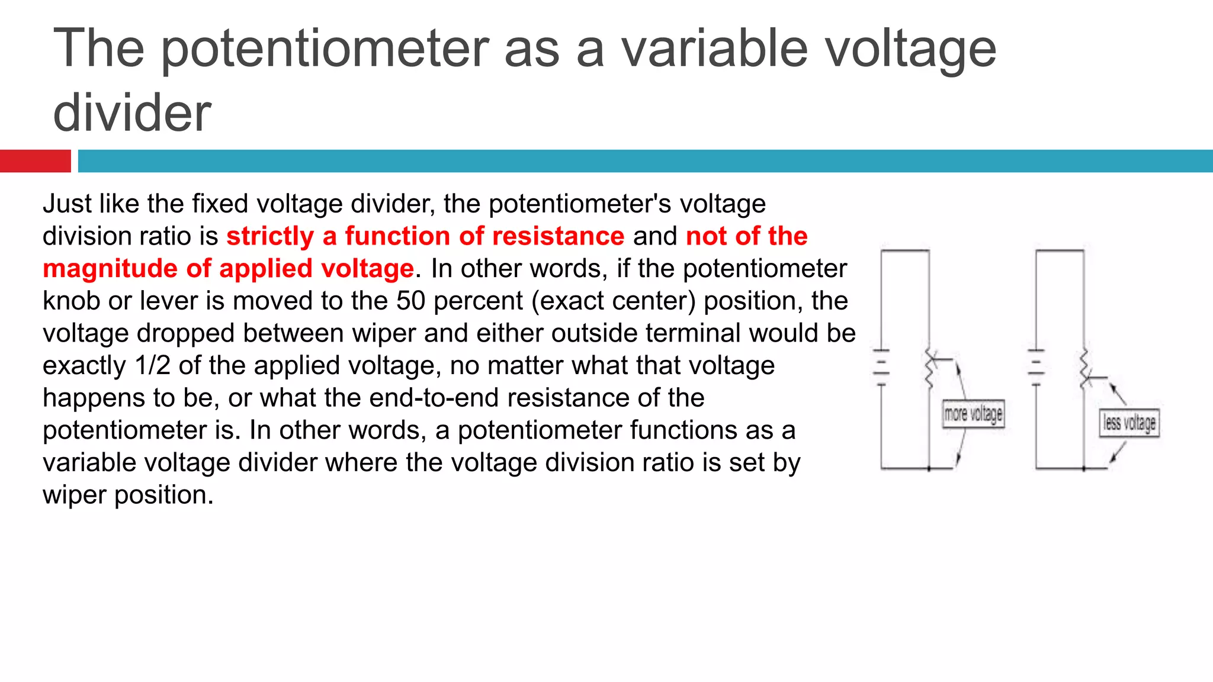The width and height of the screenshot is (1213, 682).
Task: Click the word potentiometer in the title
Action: pos(325,50)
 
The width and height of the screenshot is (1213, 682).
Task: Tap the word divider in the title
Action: pos(132,113)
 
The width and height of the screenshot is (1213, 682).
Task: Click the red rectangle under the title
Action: pos(35,161)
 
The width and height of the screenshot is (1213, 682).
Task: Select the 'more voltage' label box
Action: pos(973,414)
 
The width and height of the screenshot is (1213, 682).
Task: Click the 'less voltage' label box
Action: pos(1129,423)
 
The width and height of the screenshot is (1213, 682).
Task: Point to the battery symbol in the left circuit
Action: pos(881,368)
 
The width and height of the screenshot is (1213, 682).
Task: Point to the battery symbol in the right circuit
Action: pos(1036,368)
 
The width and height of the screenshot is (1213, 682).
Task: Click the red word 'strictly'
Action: pos(270,236)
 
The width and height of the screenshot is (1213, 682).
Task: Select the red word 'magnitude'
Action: pos(110,269)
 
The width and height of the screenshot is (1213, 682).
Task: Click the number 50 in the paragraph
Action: pos(411,301)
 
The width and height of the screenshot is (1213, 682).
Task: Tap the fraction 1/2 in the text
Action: pos(153,366)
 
